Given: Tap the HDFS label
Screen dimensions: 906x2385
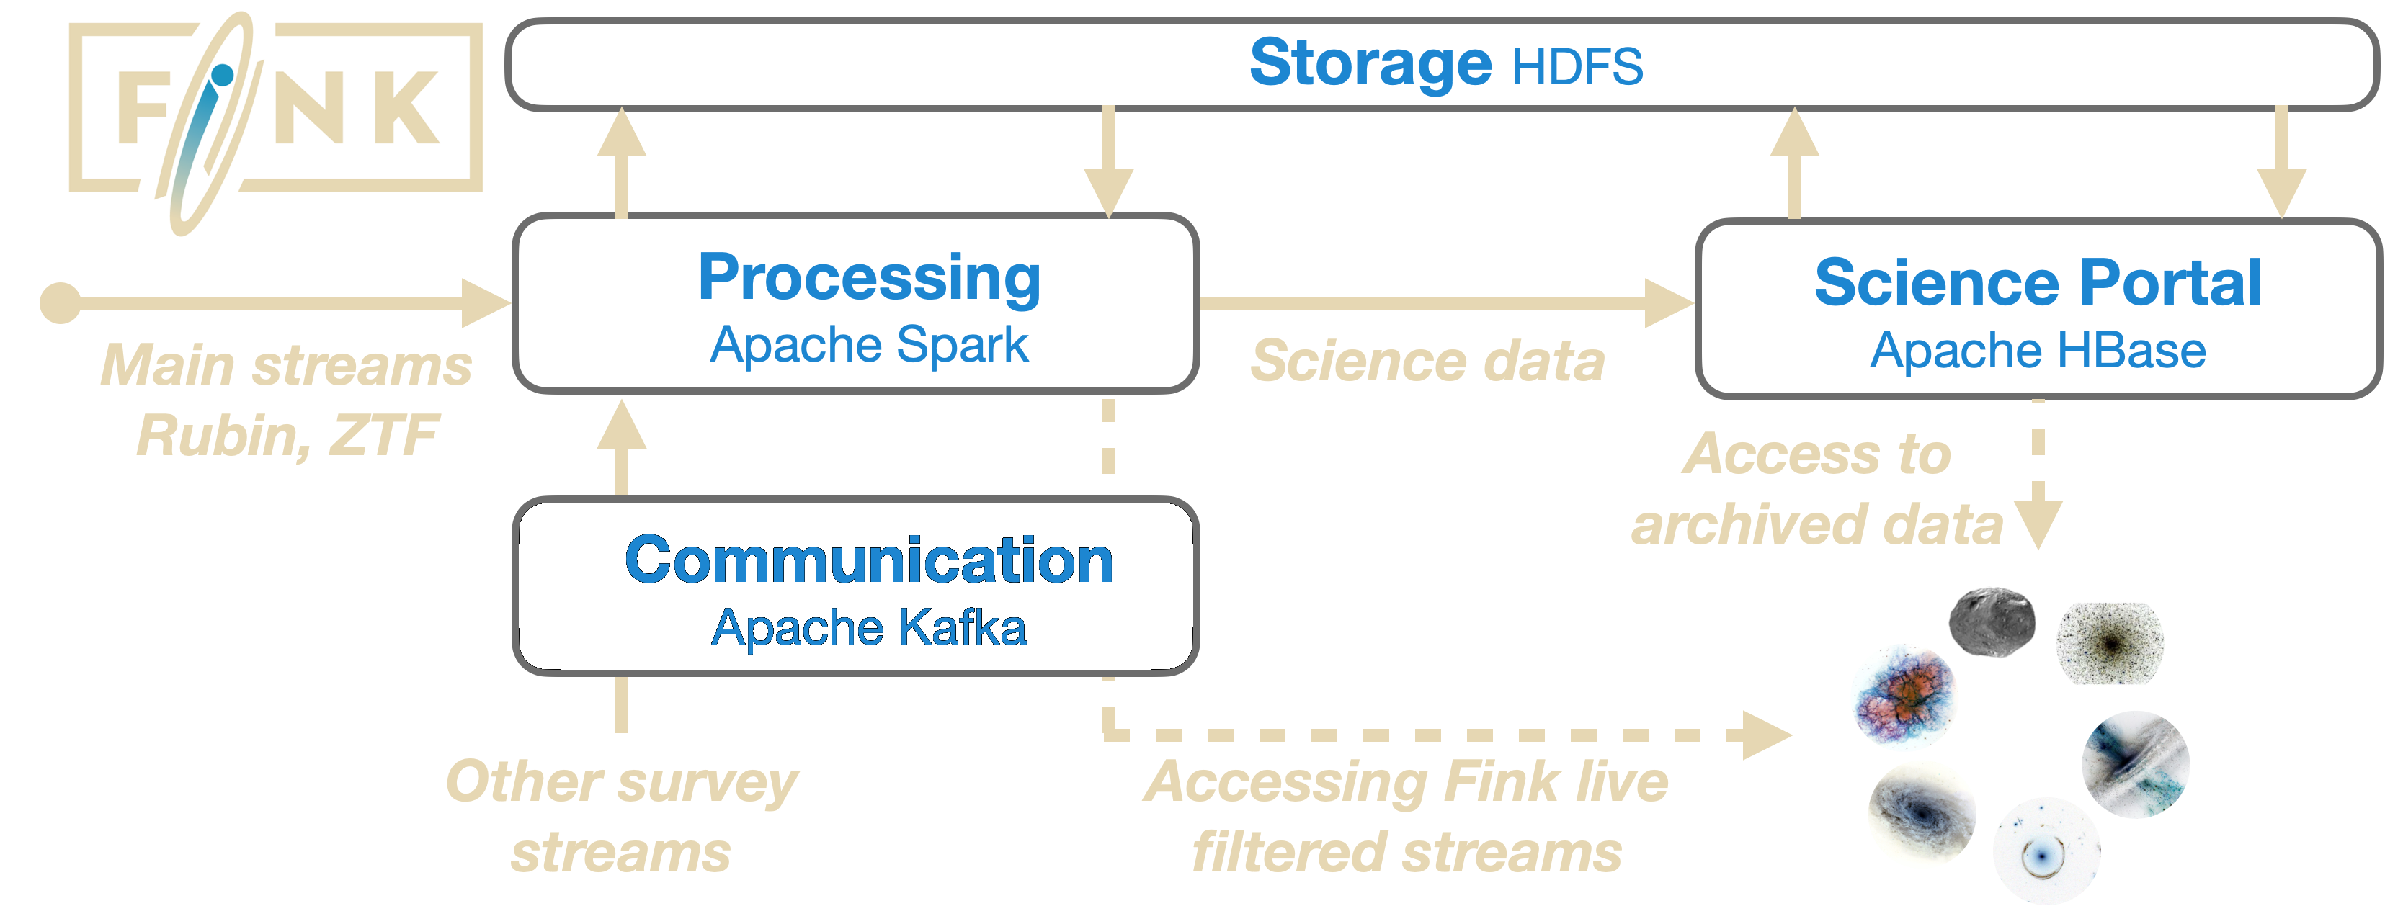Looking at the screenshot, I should pos(1577,67).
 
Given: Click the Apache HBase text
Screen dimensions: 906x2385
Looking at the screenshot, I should pos(2037,351).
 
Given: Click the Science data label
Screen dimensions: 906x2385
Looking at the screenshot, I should pos(1426,361).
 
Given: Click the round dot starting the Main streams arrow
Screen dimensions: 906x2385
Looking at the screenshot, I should pos(61,302).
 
